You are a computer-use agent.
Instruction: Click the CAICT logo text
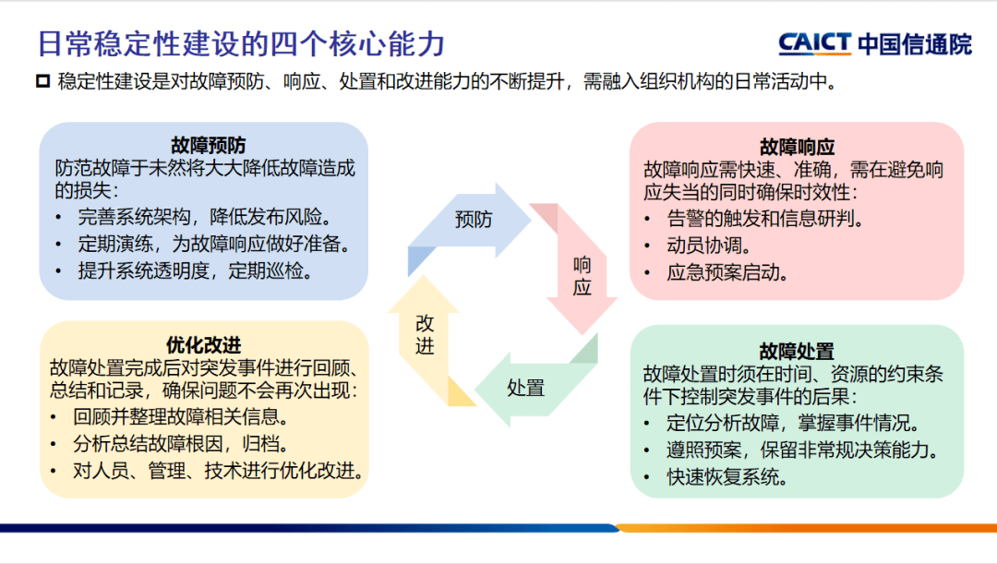pyautogui.click(x=814, y=43)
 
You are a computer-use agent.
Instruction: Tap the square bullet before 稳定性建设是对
pyautogui.click(x=42, y=82)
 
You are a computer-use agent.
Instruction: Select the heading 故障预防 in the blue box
pyautogui.click(x=208, y=145)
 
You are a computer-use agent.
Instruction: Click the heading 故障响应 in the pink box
pyautogui.click(x=797, y=147)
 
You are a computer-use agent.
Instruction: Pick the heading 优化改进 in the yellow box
pyautogui.click(x=204, y=344)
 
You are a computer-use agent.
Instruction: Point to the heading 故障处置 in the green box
pyautogui.click(x=797, y=351)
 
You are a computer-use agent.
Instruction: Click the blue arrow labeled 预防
pyautogui.click(x=473, y=220)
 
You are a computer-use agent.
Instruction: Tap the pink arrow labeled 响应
pyautogui.click(x=582, y=276)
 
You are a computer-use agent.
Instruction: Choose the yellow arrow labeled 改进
pyautogui.click(x=425, y=335)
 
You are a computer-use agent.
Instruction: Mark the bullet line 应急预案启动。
pyautogui.click(x=727, y=273)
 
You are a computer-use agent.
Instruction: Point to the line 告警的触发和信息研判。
pyautogui.click(x=764, y=219)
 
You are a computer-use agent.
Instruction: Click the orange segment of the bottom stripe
pyautogui.click(x=803, y=528)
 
